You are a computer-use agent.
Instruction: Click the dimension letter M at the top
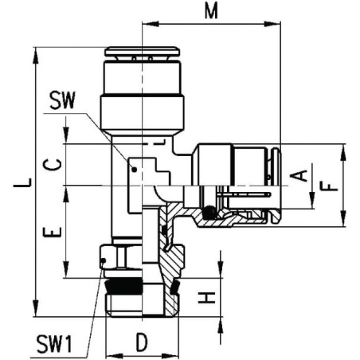point(211,11)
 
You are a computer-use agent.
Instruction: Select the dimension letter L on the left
point(23,182)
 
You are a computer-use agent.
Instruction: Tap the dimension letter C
point(53,165)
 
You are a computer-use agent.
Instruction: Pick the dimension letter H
point(206,297)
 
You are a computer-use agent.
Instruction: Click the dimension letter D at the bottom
point(142,342)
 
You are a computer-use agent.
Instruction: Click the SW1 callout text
point(54,344)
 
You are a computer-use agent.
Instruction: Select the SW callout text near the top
point(63,100)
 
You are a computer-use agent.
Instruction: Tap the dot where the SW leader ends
point(135,169)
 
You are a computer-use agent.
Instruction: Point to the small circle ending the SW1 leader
point(104,260)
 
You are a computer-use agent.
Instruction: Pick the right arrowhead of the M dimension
point(272,24)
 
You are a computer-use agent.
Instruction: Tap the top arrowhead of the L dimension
point(35,55)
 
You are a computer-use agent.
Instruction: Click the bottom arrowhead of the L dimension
point(35,308)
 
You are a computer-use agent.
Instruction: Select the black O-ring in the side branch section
point(209,213)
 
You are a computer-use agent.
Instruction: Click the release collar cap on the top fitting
point(142,51)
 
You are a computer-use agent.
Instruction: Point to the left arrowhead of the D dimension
point(114,355)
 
